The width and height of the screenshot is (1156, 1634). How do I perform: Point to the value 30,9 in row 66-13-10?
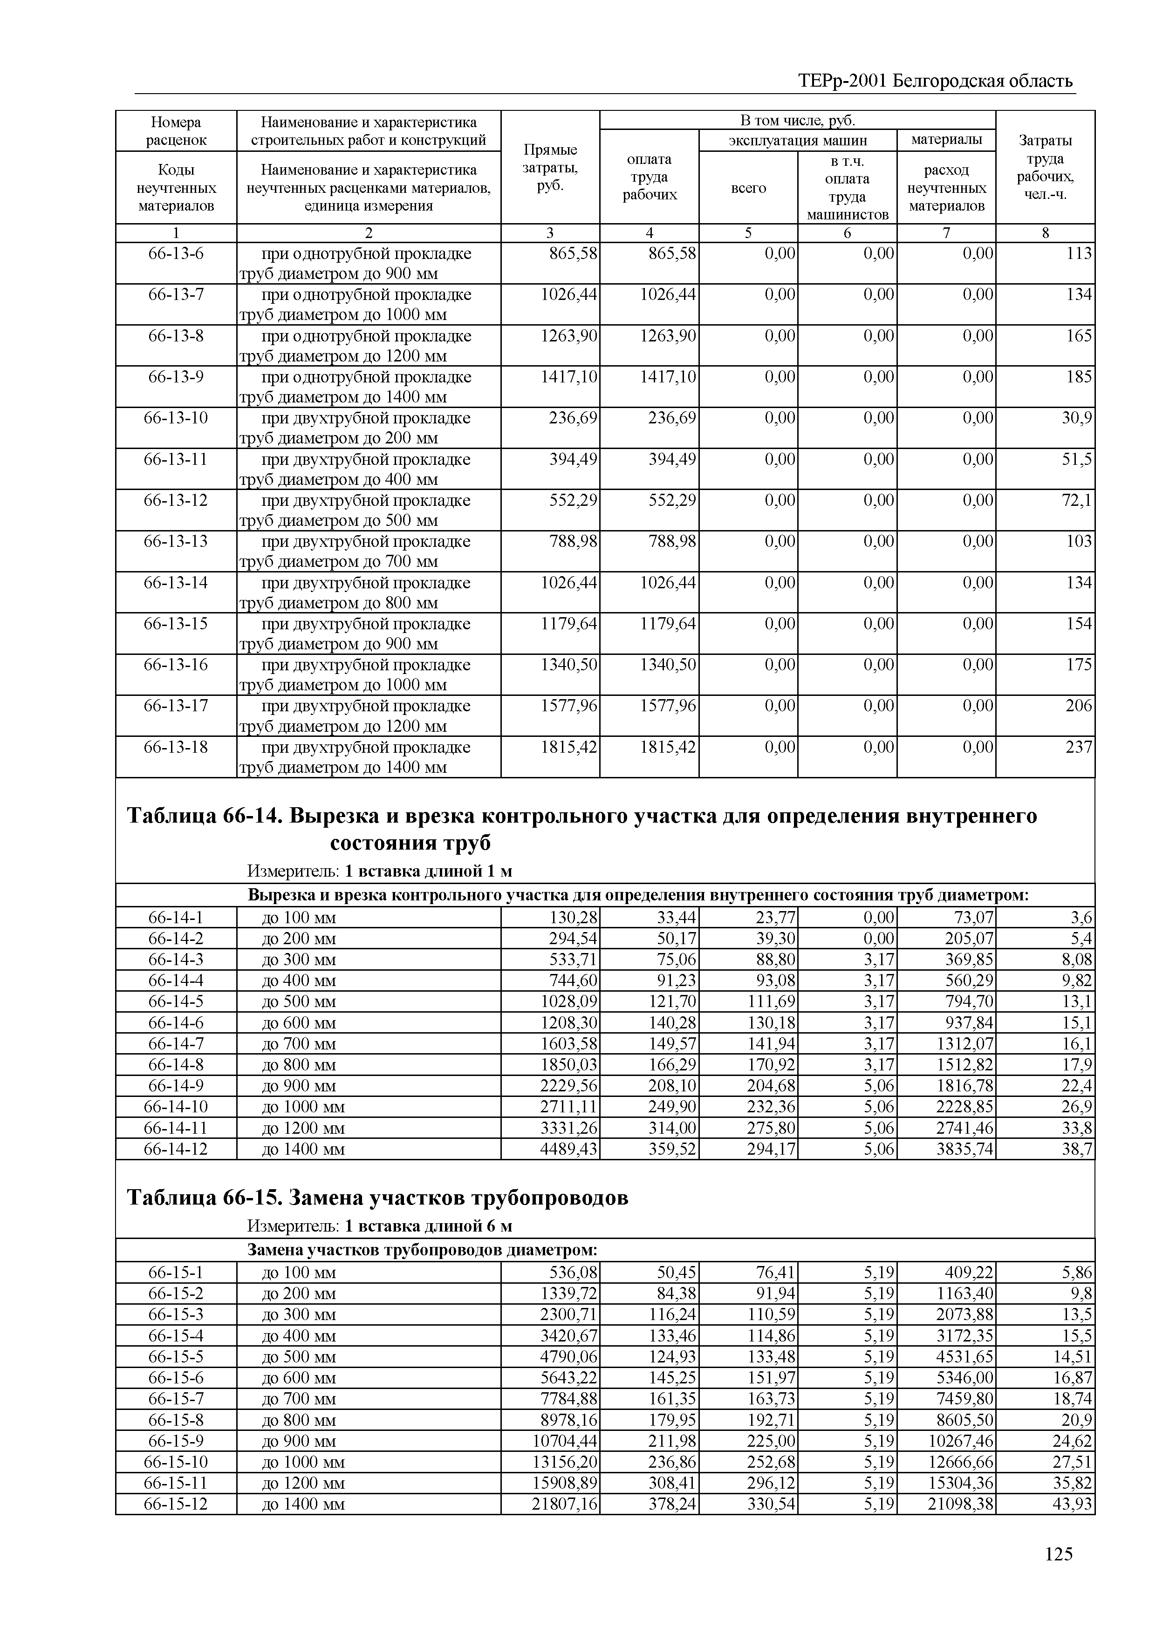point(1077,418)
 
